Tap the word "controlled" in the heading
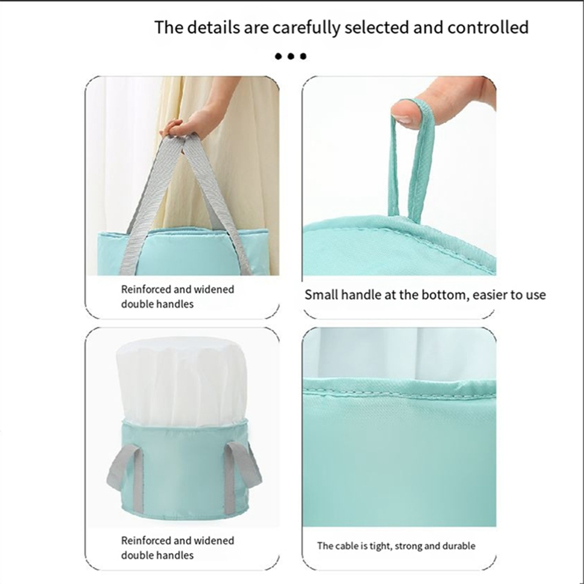488,28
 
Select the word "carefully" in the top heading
306,28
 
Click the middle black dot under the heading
291,56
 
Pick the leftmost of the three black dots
278,56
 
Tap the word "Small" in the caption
321,295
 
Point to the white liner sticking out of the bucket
182,380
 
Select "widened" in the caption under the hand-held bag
214,290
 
